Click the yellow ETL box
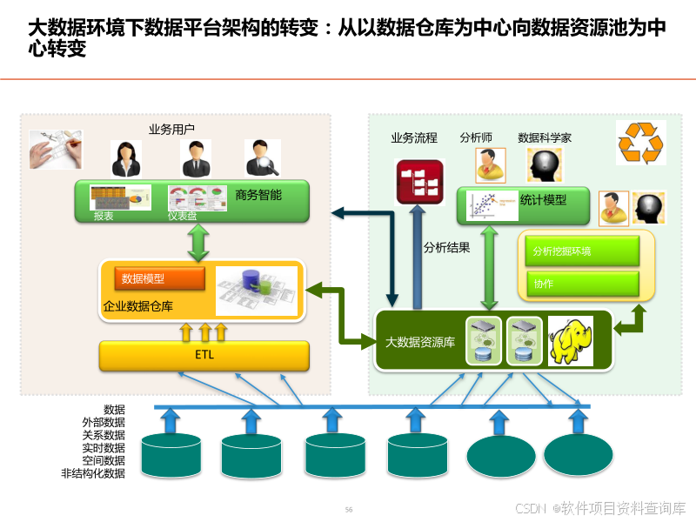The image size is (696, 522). (204, 355)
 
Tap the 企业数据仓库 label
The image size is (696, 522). (138, 306)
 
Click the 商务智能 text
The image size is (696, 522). (258, 196)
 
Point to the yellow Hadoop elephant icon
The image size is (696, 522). (570, 340)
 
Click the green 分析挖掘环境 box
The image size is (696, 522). (582, 251)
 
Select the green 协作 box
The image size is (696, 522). (582, 284)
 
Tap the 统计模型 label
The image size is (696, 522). (543, 200)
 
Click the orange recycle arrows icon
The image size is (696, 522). (639, 143)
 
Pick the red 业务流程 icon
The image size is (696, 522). (419, 181)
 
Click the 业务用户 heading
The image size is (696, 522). (171, 130)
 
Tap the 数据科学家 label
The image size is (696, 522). (545, 137)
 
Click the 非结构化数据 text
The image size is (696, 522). (93, 473)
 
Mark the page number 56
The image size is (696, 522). (349, 509)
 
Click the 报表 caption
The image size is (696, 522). (104, 215)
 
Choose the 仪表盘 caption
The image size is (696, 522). (182, 215)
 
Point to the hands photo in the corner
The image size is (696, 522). (56, 149)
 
